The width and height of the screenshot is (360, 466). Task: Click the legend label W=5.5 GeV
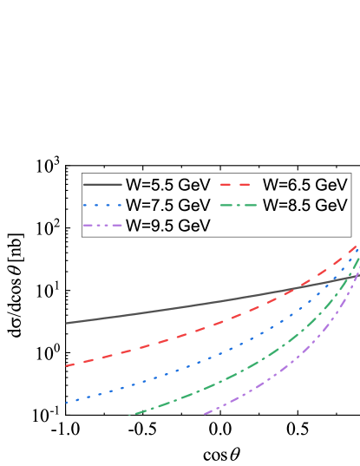coord(167,185)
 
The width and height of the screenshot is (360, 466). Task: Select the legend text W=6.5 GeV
coord(305,185)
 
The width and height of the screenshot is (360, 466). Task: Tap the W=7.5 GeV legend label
coord(167,206)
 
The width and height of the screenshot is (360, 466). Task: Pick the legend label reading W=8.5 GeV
coord(305,206)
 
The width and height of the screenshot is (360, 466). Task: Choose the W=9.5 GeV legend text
coord(167,226)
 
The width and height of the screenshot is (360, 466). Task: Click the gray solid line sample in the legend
coord(102,185)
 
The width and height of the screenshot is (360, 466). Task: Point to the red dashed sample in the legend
coord(239,185)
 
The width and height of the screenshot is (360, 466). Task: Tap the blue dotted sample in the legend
coord(102,206)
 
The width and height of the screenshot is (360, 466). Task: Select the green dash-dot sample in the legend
coord(239,206)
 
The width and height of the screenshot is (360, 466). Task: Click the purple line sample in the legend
coord(102,226)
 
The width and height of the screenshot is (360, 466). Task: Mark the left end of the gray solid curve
coord(66,323)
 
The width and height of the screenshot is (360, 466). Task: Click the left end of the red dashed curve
coord(66,365)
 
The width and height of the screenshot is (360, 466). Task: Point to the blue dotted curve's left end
coord(66,403)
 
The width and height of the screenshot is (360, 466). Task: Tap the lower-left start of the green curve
coord(130,415)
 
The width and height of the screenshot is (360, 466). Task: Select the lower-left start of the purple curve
coord(205,414)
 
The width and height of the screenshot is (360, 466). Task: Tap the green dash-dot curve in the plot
coord(217,383)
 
